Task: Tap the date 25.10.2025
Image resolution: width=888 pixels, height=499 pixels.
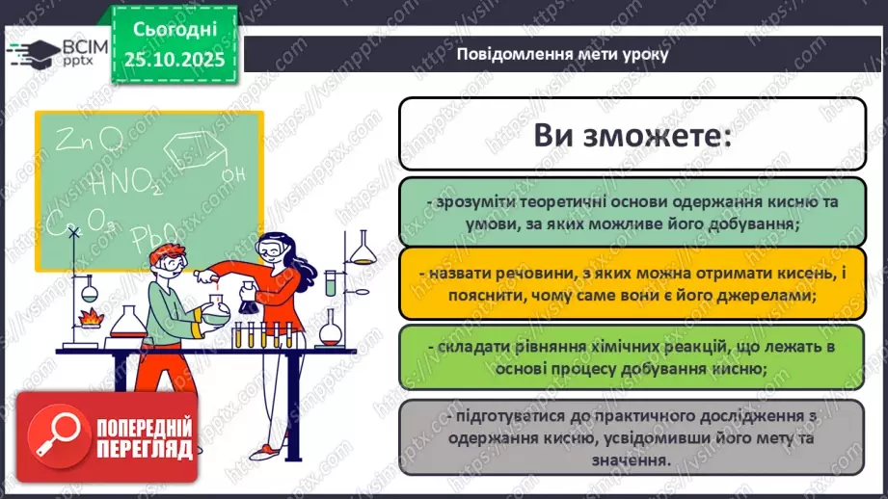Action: (174, 59)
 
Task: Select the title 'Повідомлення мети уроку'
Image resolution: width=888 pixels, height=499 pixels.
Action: (562, 54)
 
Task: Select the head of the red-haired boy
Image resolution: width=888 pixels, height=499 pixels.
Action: (168, 262)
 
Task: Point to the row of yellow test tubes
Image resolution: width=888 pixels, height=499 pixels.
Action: (268, 335)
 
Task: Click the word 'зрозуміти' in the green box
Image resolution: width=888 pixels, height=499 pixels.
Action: (467, 201)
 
